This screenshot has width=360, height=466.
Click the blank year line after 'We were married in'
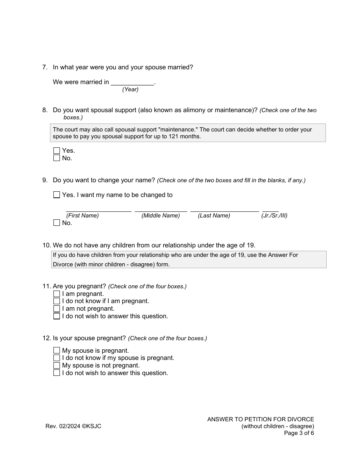click(133, 82)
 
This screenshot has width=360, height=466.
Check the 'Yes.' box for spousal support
click(56, 151)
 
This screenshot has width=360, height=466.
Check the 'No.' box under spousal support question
click(56, 158)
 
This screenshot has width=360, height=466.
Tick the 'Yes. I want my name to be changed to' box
click(56, 195)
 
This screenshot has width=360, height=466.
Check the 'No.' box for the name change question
click(56, 223)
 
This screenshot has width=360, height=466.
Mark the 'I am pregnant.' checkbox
click(56, 294)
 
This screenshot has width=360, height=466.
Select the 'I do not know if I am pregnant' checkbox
click(56, 301)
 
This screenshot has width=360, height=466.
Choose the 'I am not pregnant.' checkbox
click(56, 309)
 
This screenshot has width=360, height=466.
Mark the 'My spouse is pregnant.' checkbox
click(56, 350)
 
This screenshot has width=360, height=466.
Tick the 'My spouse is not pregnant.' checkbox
click(56, 366)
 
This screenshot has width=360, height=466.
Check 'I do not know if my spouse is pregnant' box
click(56, 358)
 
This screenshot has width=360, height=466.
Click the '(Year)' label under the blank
click(130, 89)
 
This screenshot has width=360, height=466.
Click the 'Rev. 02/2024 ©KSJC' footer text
click(73, 426)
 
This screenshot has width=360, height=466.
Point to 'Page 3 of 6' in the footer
click(299, 433)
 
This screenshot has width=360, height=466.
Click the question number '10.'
click(47, 245)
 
